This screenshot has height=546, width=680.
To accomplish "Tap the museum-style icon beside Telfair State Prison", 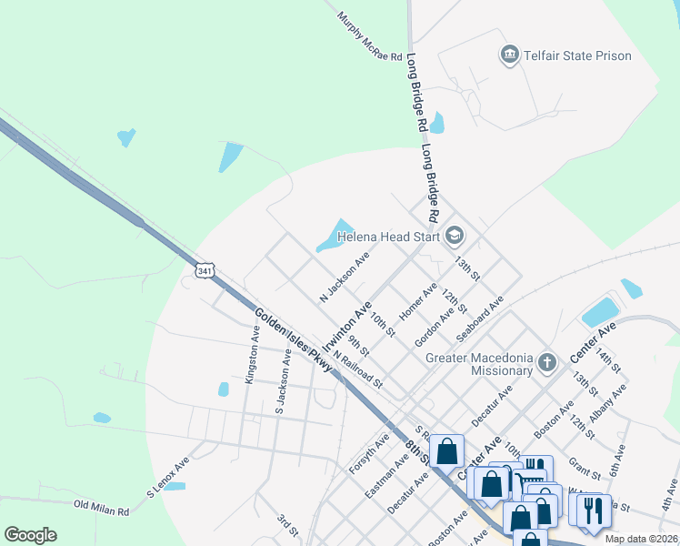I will (510, 56).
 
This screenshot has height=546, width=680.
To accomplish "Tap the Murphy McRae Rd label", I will (369, 36).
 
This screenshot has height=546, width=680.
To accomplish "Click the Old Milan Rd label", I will (102, 505).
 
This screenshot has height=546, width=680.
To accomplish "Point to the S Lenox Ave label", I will (168, 478).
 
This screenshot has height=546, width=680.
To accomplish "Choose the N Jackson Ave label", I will (344, 278).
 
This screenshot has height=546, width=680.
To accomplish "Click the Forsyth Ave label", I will (369, 453).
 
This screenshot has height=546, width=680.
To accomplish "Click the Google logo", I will (30, 535).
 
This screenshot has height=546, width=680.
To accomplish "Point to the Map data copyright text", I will (641, 539).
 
